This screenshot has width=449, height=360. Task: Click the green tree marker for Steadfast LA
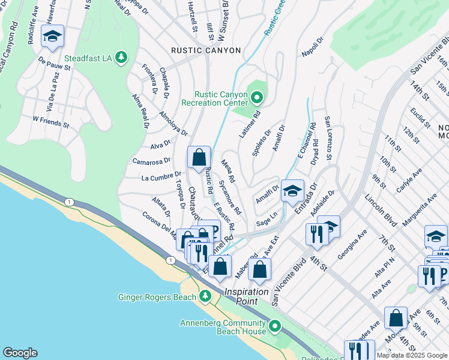tap(122, 57)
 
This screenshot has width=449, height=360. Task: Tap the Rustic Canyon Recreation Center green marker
tap(258, 97)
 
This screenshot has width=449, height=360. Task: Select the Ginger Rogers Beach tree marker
tap(205, 296)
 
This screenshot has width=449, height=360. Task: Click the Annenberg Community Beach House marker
tap(275, 326)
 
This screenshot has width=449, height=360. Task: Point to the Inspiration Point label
tap(250, 292)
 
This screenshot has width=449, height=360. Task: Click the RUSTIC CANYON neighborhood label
tap(206, 50)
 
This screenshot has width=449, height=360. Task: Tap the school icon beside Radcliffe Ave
tap(52, 37)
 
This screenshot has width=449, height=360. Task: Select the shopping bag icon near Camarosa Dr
tap(199, 158)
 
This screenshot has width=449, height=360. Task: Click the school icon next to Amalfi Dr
tap(292, 191)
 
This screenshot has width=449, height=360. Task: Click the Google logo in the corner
tap(20, 353)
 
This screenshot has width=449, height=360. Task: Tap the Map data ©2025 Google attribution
tap(412, 355)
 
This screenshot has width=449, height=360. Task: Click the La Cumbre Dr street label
tap(157, 178)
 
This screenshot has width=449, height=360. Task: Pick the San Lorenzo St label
tap(328, 139)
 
